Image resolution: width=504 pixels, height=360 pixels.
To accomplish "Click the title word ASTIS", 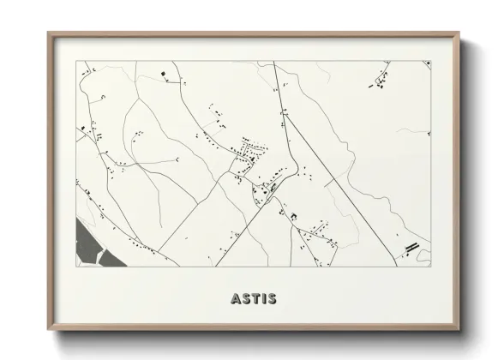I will click(x=253, y=298).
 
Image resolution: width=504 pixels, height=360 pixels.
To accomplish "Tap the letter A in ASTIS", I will click(x=236, y=298).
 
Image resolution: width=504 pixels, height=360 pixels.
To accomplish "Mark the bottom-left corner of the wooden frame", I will click(x=49, y=330).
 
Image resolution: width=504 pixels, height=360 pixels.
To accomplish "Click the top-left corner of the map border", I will click(x=75, y=61).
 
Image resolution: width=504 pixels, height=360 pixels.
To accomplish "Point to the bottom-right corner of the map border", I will click(x=430, y=266).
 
